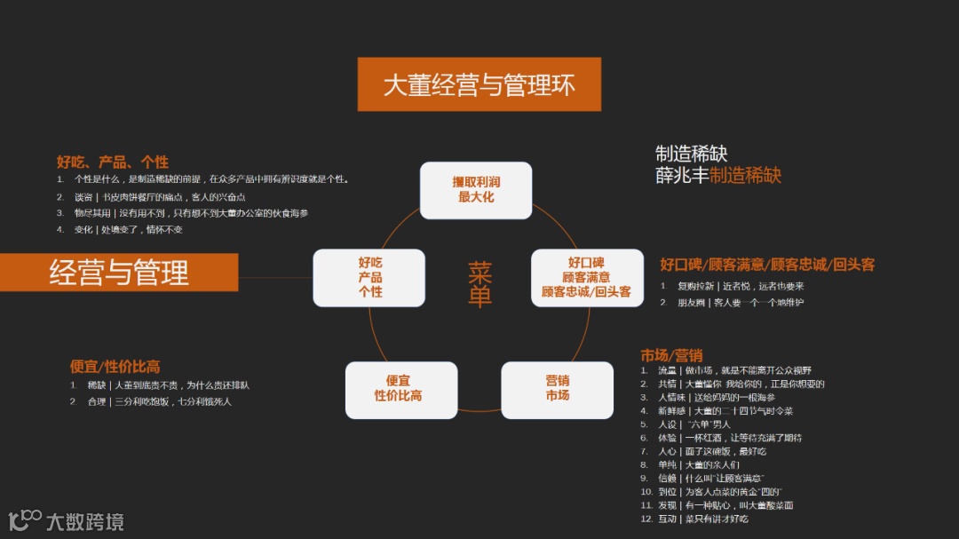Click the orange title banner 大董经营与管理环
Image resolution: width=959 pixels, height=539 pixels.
click(x=479, y=85)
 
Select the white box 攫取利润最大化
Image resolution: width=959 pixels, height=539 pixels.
click(x=476, y=190)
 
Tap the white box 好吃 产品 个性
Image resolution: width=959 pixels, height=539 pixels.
click(x=369, y=277)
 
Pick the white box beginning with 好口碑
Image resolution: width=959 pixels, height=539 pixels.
click(x=586, y=277)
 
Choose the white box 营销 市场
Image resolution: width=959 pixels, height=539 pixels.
click(x=557, y=389)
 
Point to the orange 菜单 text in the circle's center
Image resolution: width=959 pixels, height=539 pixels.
click(x=479, y=284)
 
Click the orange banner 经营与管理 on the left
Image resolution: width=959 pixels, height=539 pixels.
click(x=119, y=273)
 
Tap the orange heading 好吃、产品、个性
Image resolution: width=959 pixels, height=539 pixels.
click(x=113, y=162)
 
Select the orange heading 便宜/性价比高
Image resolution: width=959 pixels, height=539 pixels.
click(x=115, y=367)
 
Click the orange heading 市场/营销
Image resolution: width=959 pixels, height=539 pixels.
click(x=671, y=355)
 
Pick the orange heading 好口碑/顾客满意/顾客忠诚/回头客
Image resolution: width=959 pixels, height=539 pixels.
click(x=767, y=265)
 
